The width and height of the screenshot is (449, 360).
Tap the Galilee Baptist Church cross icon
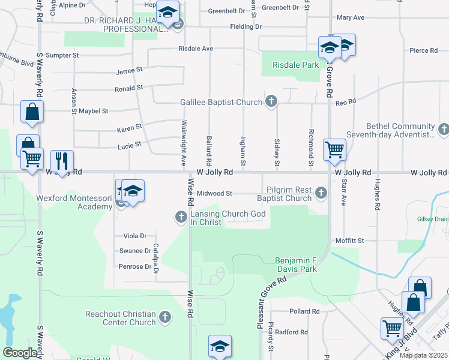[x=271, y=102]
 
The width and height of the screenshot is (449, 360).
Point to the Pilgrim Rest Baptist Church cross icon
[x=321, y=193]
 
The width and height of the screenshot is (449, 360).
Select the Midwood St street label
[x=214, y=194]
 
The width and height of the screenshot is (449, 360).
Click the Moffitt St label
[x=352, y=241]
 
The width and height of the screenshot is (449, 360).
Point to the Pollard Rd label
[x=304, y=311]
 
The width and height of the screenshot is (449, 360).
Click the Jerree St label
[x=129, y=70]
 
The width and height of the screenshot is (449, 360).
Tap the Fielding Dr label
[x=246, y=27]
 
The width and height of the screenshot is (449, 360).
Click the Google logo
[x=20, y=353]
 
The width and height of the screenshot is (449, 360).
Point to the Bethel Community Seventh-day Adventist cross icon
[x=444, y=129]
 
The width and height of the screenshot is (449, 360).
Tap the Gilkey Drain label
[x=433, y=219]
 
